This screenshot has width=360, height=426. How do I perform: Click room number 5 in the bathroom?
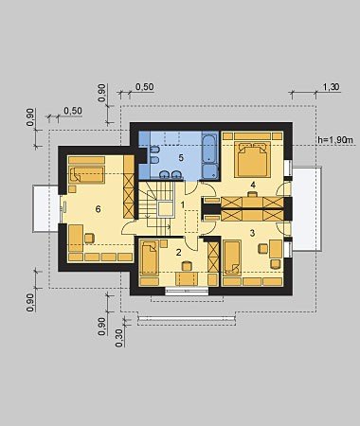[x=181, y=157]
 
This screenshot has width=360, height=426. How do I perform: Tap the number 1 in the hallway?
[x=183, y=204]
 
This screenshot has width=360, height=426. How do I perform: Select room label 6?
[x=98, y=209]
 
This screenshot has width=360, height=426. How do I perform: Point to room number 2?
[x=179, y=252]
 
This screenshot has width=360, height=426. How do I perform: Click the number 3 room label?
[x=252, y=233]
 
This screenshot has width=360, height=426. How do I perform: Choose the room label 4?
[x=253, y=184]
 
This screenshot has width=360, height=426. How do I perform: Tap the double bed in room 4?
[x=253, y=159]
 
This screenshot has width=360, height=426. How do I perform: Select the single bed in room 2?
[x=149, y=257]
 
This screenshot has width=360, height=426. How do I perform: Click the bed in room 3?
[x=232, y=257]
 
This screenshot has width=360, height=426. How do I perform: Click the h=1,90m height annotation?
[x=334, y=140]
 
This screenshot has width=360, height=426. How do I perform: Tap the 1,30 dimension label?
[x=332, y=87]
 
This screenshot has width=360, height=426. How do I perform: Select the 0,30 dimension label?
[x=119, y=338]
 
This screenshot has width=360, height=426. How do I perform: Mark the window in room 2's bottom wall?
[x=187, y=291]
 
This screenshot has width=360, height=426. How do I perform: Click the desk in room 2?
[x=187, y=279]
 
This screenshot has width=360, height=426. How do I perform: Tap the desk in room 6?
[x=76, y=238]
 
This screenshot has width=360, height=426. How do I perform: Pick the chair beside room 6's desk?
[x=89, y=238]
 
